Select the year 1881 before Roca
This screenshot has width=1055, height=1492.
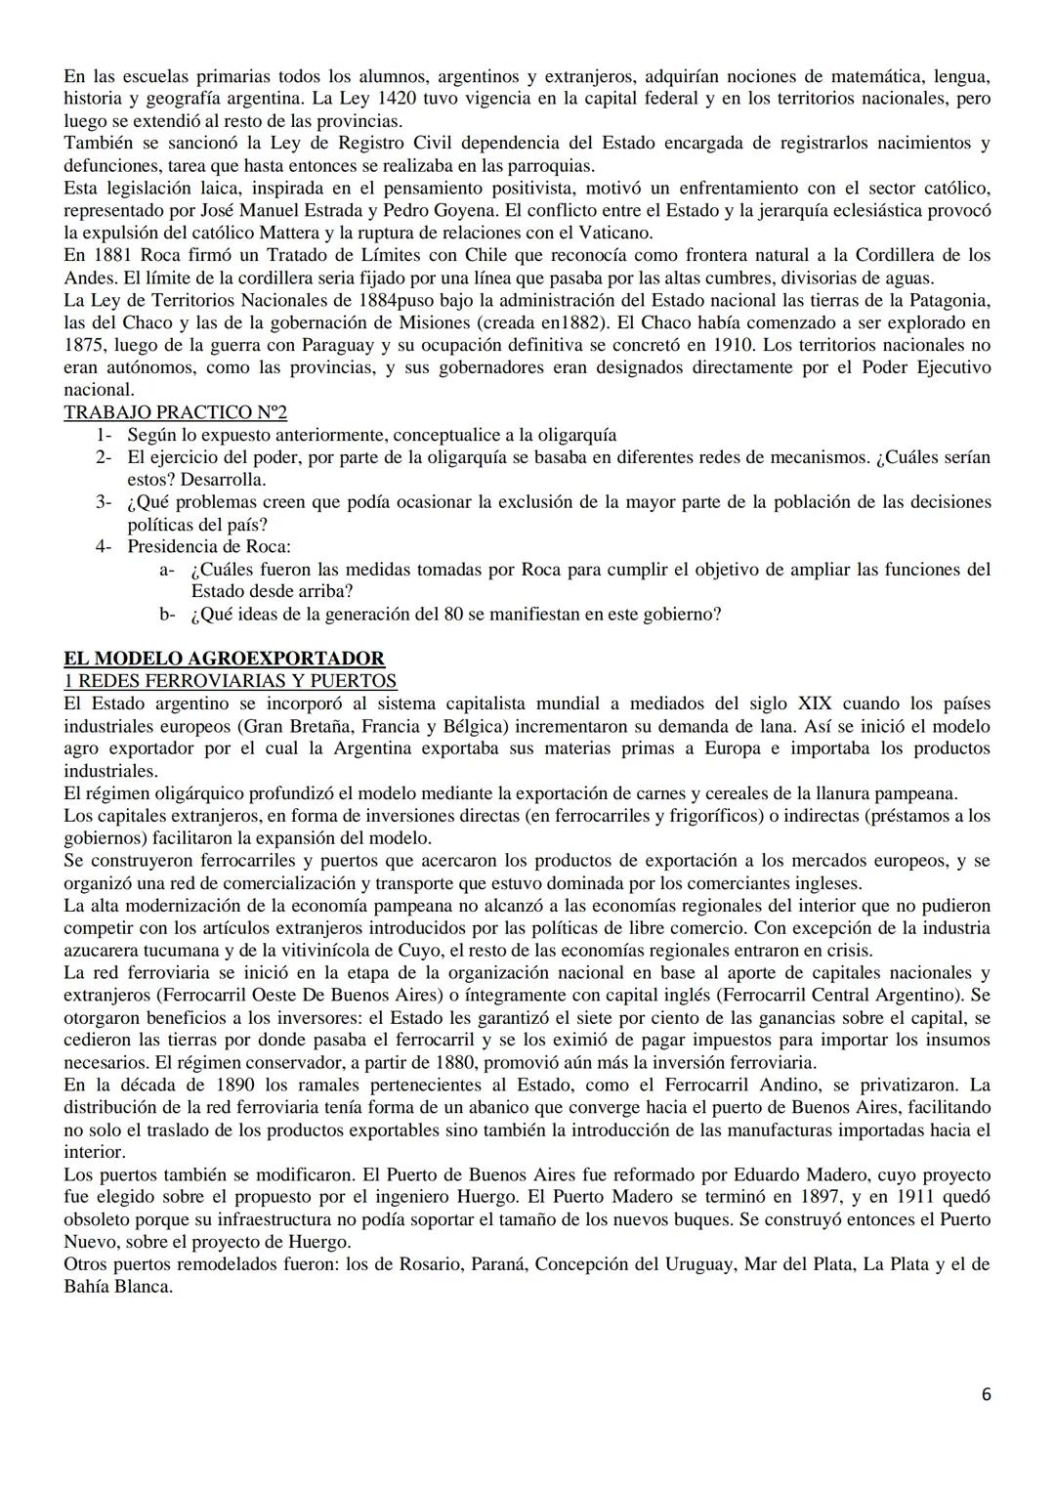coord(107,255)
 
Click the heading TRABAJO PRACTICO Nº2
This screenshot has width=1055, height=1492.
coord(176,412)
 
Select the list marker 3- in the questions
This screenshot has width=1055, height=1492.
coord(104,502)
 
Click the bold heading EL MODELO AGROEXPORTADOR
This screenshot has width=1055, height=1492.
coord(224,659)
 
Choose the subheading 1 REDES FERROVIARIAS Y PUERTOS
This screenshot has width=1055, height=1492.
coord(231,681)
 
